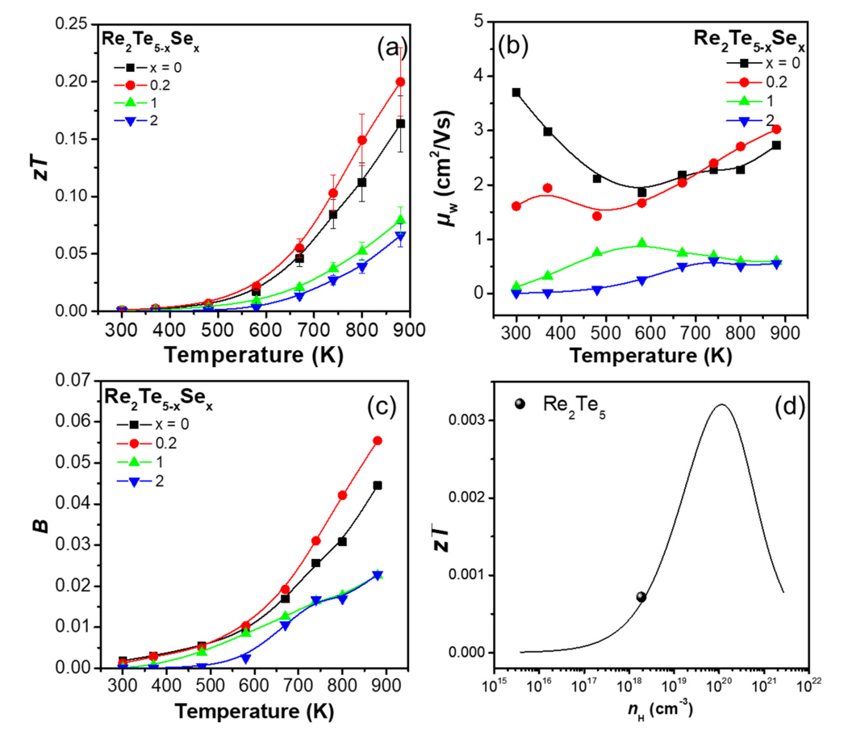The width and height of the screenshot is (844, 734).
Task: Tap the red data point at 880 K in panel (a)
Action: pos(400,81)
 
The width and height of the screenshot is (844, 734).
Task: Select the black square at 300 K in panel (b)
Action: pos(516,93)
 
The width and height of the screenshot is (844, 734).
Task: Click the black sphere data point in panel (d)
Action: pos(641,597)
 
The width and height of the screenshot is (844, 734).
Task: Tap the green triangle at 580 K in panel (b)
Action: pos(641,244)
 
